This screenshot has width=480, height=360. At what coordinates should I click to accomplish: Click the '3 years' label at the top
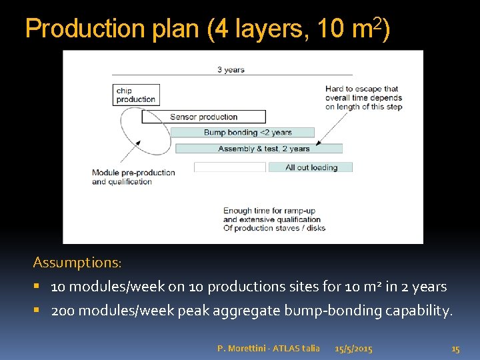[x=231, y=69]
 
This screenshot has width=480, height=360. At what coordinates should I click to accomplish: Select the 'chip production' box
[x=136, y=95]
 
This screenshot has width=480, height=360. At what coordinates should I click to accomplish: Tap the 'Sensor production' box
[x=203, y=117]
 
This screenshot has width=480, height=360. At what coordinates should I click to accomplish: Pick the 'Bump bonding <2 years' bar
[x=247, y=133]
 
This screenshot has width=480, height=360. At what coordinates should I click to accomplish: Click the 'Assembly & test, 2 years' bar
[x=263, y=149]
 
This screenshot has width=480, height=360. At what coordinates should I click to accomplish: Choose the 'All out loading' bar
[x=311, y=167]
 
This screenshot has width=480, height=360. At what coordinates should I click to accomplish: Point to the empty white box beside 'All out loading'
[x=230, y=167]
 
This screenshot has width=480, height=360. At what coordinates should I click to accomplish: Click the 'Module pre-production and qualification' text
[x=133, y=177]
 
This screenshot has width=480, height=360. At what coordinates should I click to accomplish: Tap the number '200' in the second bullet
[x=63, y=311]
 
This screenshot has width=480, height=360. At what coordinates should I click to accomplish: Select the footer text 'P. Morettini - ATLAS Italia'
[x=268, y=348]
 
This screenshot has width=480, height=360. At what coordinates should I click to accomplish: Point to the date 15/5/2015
[x=353, y=348]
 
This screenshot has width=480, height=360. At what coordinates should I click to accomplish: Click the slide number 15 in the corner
[x=455, y=348]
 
